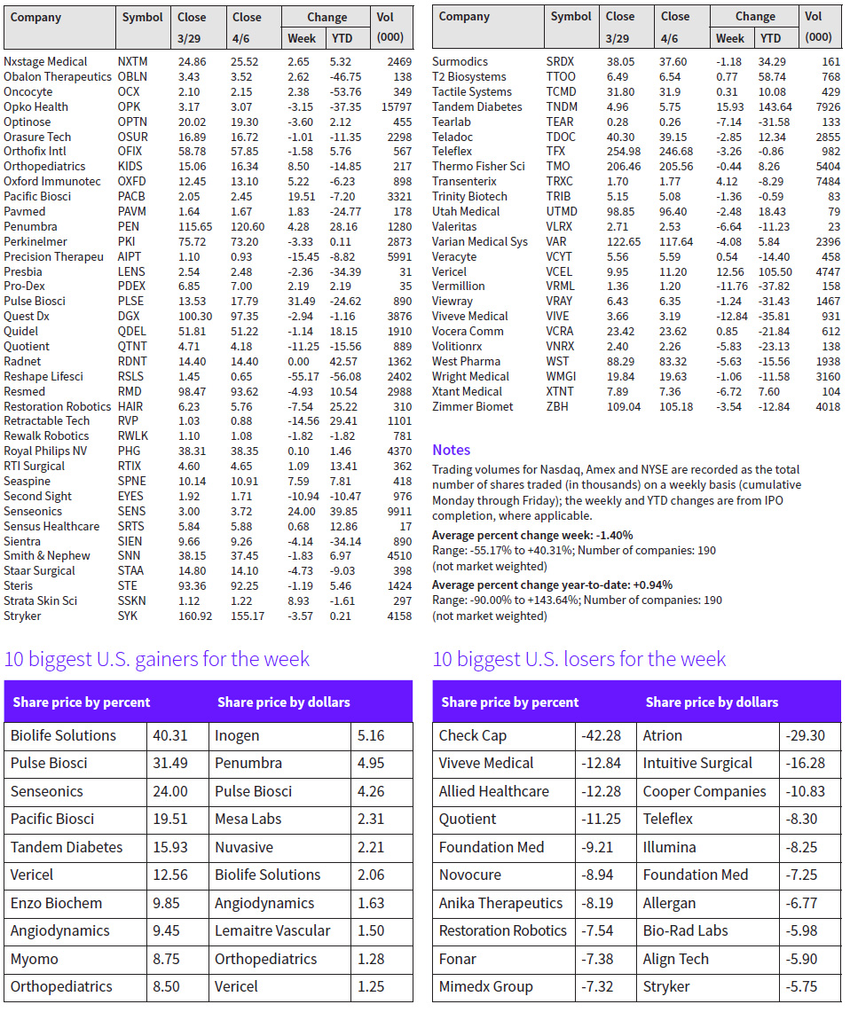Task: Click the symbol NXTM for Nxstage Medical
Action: pyautogui.click(x=132, y=62)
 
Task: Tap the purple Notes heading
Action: pyautogui.click(x=451, y=450)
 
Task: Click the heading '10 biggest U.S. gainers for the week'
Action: pyautogui.click(x=157, y=659)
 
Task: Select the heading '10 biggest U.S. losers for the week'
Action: pyautogui.click(x=578, y=659)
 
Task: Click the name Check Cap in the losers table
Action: pyautogui.click(x=472, y=735)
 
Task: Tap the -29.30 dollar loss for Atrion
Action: pyautogui.click(x=805, y=735)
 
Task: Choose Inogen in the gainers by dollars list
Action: pyautogui.click(x=237, y=735)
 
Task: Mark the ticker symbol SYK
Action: pyautogui.click(x=129, y=616)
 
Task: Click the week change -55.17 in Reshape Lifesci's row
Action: pyautogui.click(x=301, y=377)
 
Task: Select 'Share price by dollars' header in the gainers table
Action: pyautogui.click(x=283, y=702)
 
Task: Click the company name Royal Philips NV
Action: pyautogui.click(x=46, y=451)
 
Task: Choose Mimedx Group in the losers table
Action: pyautogui.click(x=485, y=986)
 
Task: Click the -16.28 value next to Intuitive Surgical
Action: pyautogui.click(x=805, y=763)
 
